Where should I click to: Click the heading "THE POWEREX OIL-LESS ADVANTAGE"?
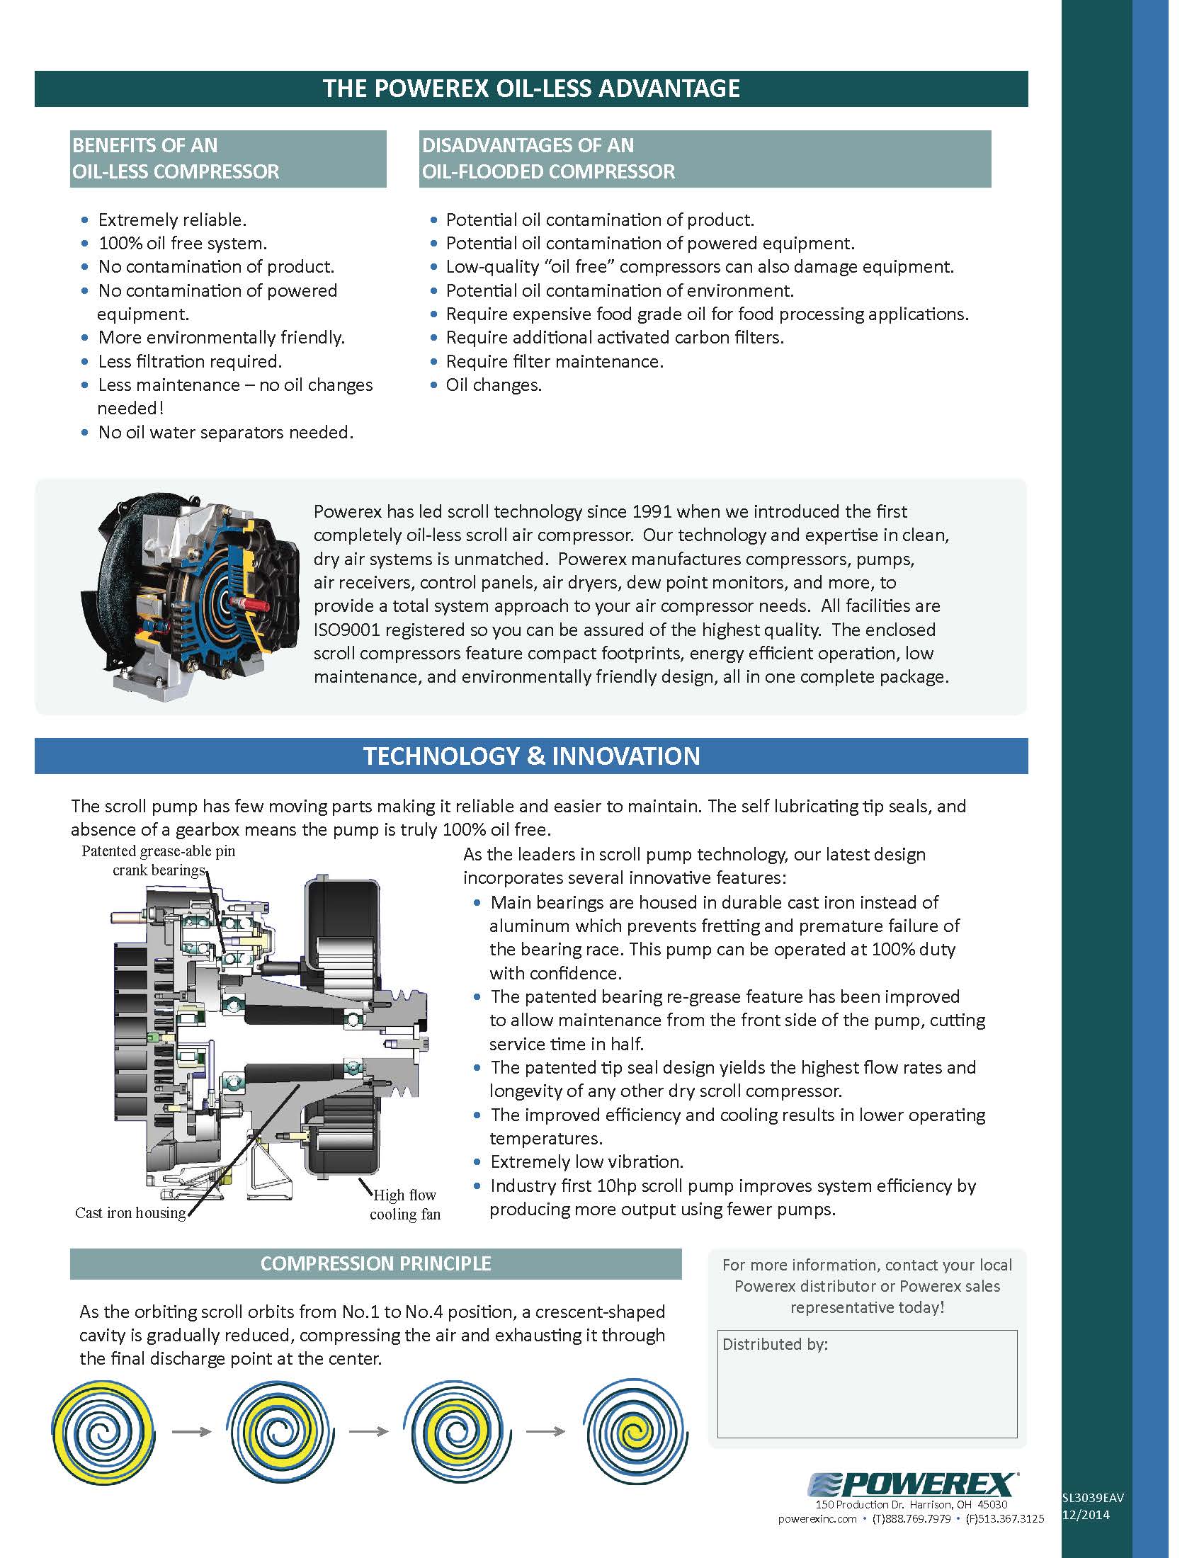[531, 89]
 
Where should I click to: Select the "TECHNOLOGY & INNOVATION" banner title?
[531, 756]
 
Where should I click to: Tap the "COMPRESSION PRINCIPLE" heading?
[375, 1263]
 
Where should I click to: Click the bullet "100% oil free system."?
[183, 243]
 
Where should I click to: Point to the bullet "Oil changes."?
[494, 385]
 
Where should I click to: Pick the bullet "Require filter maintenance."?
[555, 362]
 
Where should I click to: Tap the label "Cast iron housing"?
[130, 1212]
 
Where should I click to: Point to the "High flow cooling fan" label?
[404, 1204]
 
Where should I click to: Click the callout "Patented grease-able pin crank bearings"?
[159, 860]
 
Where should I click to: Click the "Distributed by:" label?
[775, 1345]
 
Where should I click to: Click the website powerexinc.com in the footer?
[817, 1519]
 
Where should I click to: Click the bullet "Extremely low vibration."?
[586, 1161]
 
